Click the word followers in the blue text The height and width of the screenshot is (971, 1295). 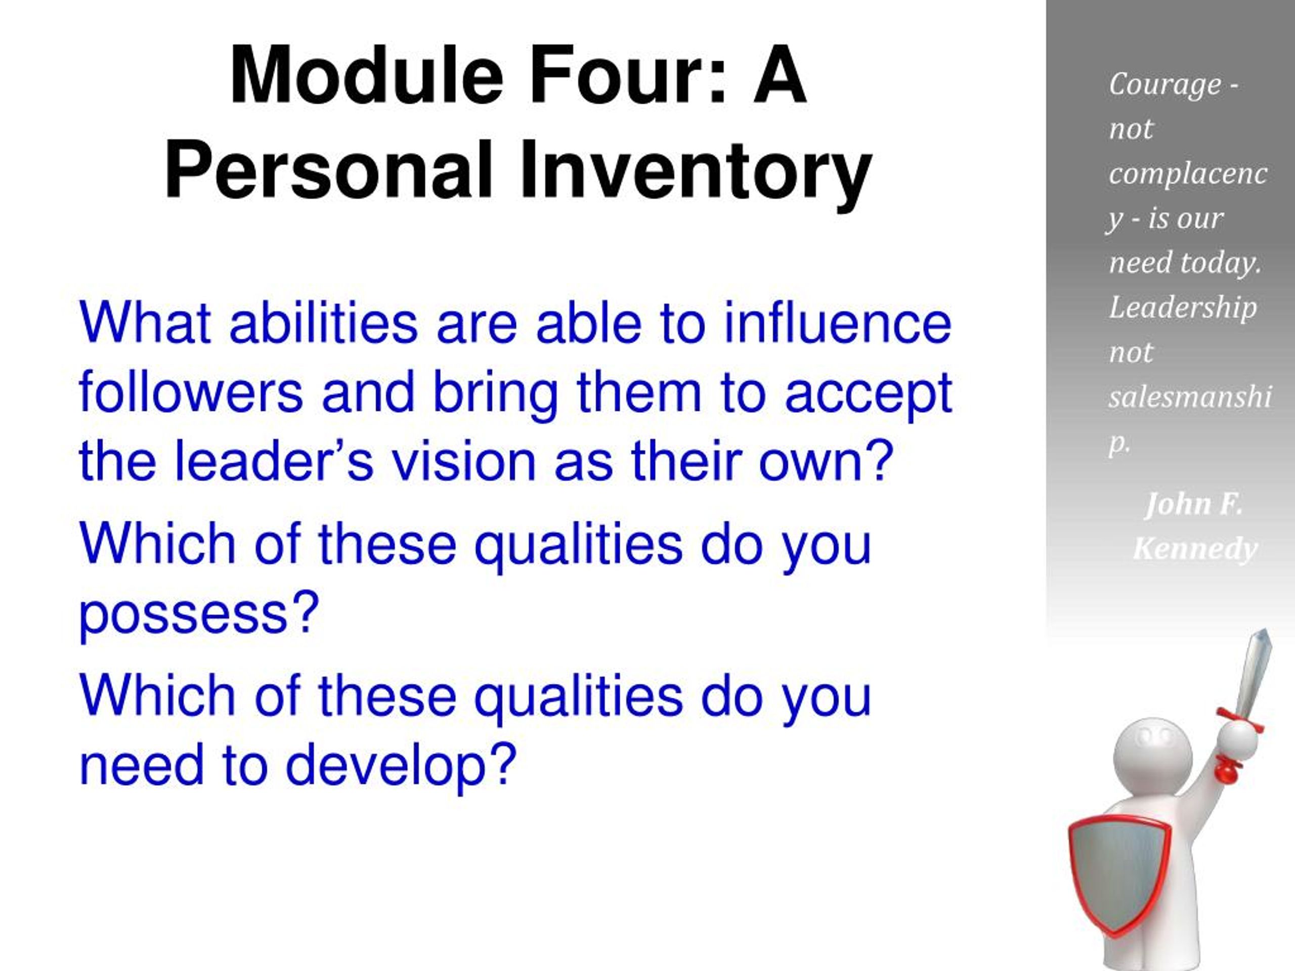[190, 391]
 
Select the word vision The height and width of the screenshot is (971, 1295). [464, 461]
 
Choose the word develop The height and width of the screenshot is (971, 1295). [401, 764]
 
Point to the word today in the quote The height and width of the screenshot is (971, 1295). [1221, 263]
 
